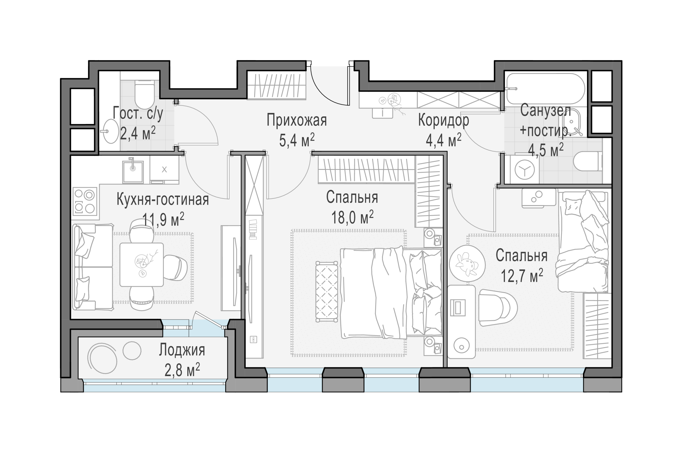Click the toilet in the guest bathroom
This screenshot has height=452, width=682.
point(144,94)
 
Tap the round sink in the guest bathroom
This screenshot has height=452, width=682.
point(111,131)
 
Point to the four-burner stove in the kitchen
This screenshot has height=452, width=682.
point(85,201)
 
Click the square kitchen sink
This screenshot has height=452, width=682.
point(133,172)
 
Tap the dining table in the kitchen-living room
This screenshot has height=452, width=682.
point(142,265)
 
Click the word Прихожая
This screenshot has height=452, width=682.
point(297,120)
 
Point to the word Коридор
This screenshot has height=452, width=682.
point(443,120)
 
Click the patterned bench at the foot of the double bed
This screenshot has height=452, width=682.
point(327,292)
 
